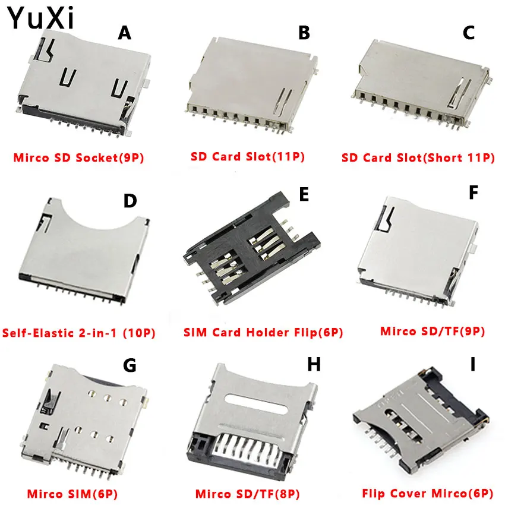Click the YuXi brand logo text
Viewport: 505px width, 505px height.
point(41,18)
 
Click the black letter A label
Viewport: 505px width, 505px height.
point(124,33)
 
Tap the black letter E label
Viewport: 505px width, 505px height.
point(304,194)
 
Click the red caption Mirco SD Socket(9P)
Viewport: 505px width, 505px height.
point(78,158)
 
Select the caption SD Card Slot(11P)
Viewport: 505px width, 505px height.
point(248,157)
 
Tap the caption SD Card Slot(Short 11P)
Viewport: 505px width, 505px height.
point(418,158)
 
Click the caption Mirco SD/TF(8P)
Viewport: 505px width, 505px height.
point(248,493)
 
